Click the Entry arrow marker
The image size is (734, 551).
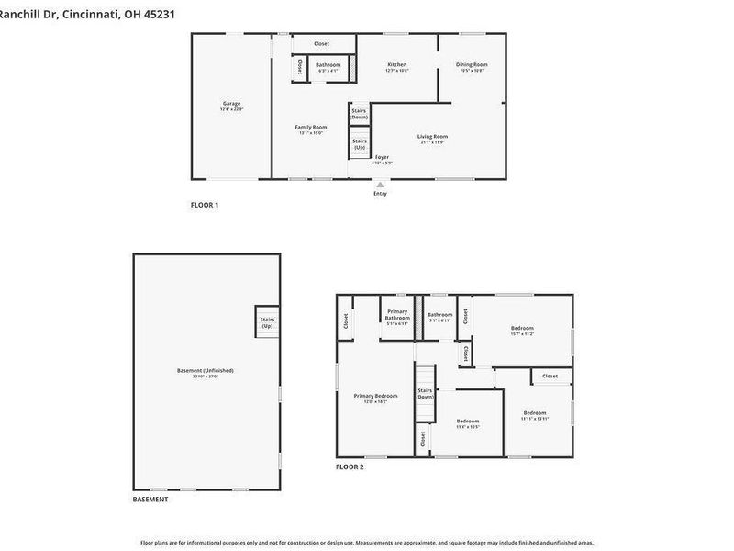point(380,186)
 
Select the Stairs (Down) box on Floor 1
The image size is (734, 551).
point(359,114)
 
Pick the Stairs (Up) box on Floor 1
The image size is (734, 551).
point(359,143)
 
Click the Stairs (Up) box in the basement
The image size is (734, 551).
point(267,322)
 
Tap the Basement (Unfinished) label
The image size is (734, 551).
point(206,372)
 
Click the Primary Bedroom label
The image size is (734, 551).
point(375,398)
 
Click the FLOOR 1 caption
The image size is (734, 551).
point(204,205)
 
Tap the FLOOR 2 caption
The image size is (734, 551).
point(350,467)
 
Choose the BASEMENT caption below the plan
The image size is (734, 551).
point(150,499)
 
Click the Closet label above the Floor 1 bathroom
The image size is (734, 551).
point(321,43)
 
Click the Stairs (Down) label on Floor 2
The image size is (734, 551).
point(425,393)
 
